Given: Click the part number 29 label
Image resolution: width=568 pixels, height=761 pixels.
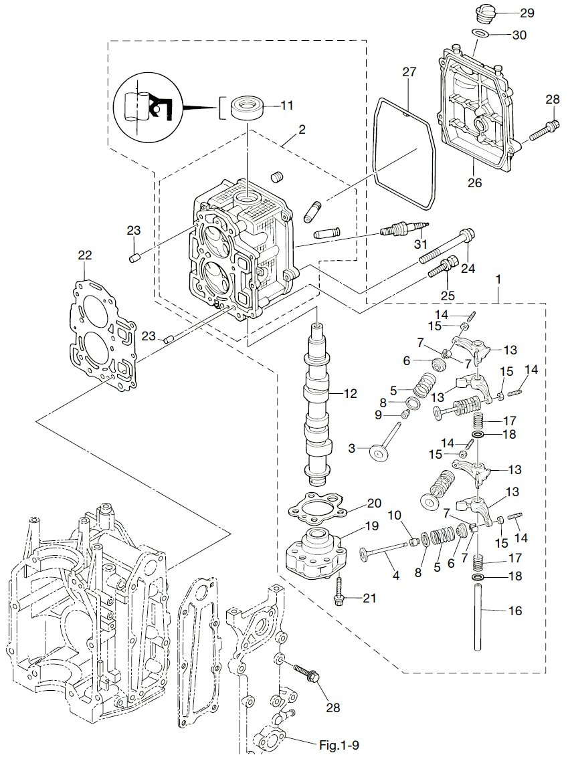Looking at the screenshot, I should click(527, 13).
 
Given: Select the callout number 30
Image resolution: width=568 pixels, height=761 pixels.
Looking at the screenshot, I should click(520, 34).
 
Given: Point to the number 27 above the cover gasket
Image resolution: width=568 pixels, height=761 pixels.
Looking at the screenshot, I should click(409, 72).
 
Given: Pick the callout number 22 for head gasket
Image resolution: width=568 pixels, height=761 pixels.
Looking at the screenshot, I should click(85, 255).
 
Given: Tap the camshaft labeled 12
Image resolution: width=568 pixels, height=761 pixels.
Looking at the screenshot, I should click(316, 401).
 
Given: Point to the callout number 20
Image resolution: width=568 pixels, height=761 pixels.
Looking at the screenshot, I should click(373, 504).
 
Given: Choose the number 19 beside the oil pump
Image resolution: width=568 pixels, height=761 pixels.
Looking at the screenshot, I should click(371, 526).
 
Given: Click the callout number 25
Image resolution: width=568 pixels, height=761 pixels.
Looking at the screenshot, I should click(448, 295).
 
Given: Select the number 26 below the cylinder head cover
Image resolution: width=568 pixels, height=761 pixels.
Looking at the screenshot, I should click(474, 182).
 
